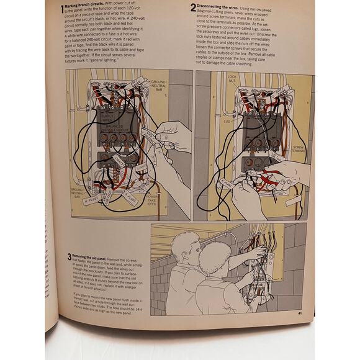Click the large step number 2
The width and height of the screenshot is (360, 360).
(193, 8)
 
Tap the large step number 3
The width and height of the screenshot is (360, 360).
(70, 256)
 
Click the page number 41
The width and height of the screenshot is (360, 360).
(299, 313)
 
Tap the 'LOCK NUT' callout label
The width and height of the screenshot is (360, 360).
(232, 78)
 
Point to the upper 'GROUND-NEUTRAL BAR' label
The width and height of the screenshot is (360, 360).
(160, 85)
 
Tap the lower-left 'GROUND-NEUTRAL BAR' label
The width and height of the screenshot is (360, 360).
(77, 193)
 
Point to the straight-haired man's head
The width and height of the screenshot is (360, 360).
(186, 249)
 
